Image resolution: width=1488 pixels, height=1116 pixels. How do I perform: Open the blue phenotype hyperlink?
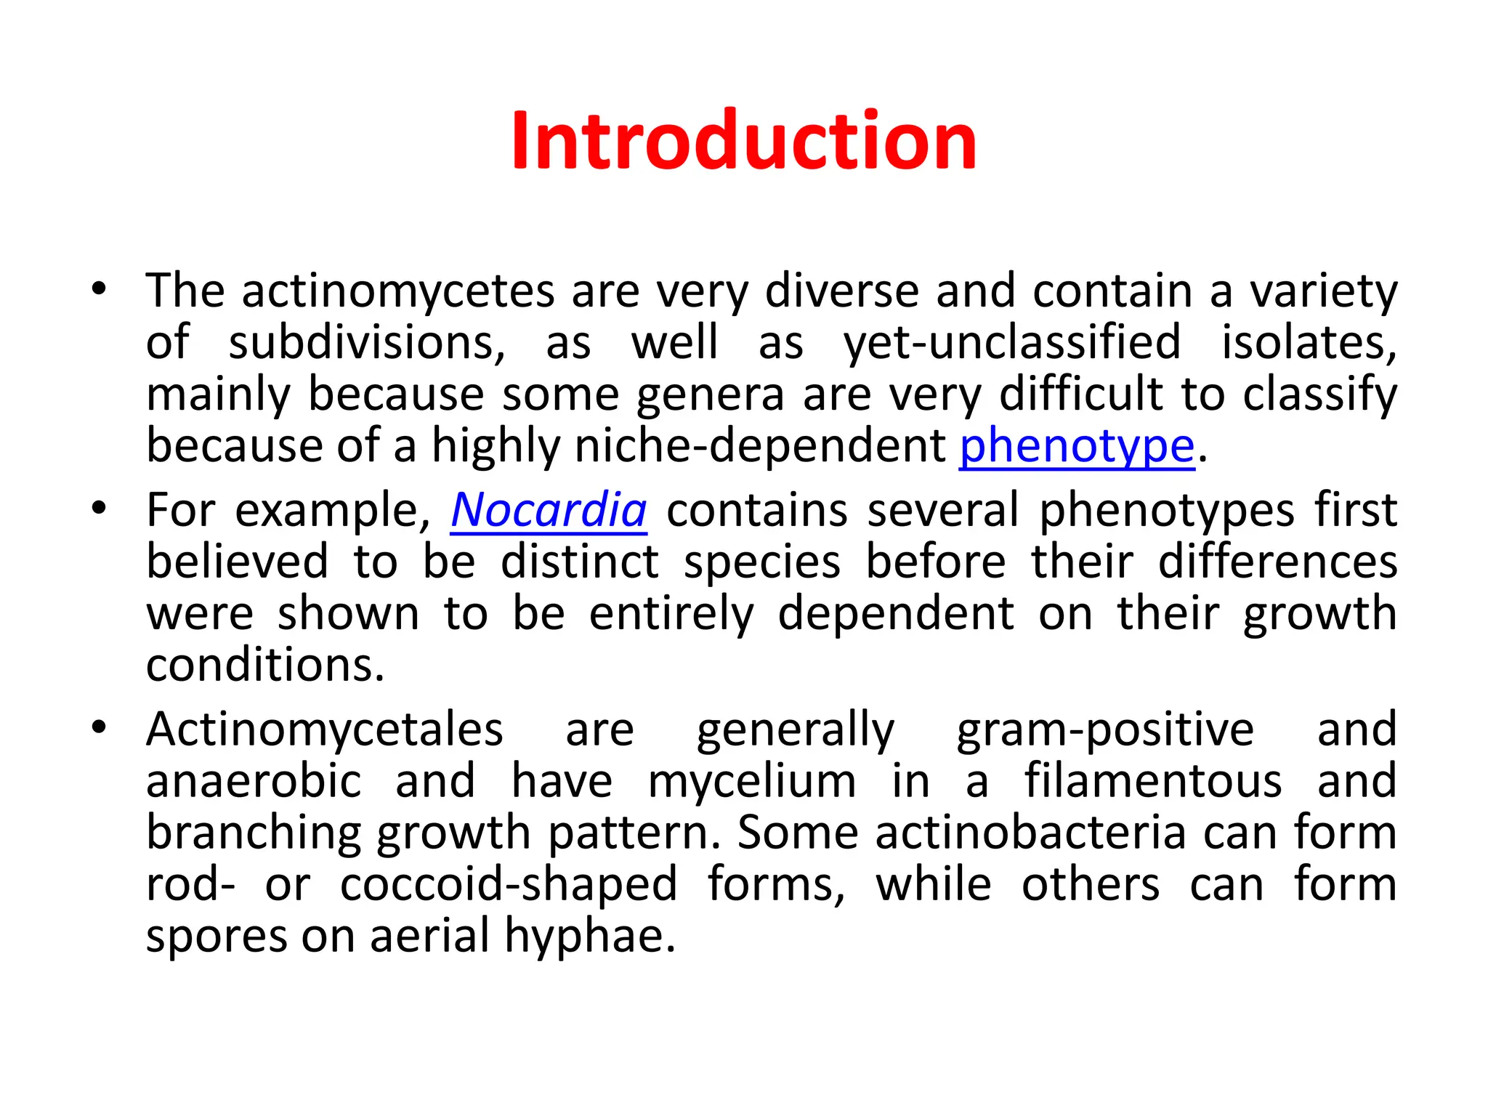tap(1077, 445)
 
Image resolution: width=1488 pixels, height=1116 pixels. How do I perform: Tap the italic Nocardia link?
tap(549, 510)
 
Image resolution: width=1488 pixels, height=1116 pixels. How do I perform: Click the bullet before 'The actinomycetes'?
tap(100, 289)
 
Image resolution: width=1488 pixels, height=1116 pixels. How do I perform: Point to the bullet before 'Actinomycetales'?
tap(100, 727)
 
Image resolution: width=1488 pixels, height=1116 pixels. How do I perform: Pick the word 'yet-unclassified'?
tap(1011, 342)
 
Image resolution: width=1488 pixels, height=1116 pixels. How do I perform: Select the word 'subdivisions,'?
tap(367, 342)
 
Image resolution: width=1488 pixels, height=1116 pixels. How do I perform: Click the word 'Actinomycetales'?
tap(324, 729)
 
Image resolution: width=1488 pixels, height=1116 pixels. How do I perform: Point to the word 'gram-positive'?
tap(1104, 729)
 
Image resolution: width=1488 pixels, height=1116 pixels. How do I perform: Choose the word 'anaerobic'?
tap(254, 781)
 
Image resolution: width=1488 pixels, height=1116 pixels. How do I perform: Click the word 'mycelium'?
tap(752, 783)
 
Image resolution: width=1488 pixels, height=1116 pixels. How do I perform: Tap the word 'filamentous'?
tap(1153, 781)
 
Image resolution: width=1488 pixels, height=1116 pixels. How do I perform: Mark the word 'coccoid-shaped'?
tap(509, 884)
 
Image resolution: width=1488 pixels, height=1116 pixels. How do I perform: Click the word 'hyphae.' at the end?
tap(590, 936)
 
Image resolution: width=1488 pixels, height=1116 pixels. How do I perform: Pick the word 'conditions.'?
tap(265, 665)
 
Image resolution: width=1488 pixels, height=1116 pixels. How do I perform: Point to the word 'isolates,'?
tap(1309, 342)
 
